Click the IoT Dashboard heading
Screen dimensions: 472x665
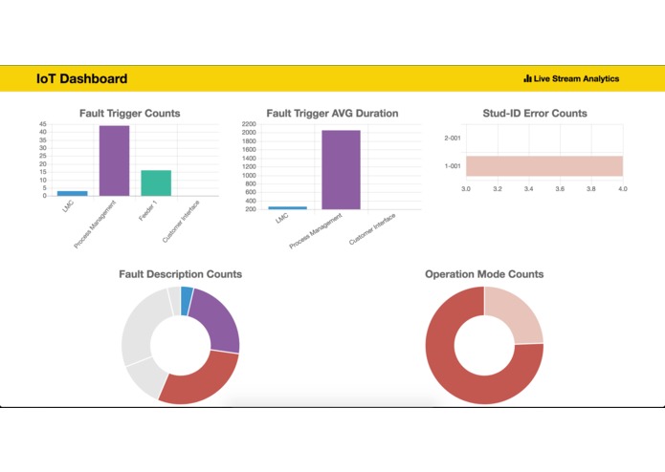coord(81,78)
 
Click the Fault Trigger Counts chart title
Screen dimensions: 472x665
coord(129,114)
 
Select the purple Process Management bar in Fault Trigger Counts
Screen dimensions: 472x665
coord(114,161)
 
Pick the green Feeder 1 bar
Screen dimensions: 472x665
coord(156,182)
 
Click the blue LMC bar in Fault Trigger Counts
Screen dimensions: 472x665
coord(73,193)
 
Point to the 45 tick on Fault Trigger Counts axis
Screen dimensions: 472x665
coord(42,125)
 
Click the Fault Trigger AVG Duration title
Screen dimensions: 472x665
coord(332,114)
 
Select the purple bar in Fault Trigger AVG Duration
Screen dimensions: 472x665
coord(341,169)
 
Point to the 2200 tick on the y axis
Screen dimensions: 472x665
coord(249,125)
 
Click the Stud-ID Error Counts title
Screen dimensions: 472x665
coord(535,114)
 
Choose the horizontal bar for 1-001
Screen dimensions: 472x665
coord(543,166)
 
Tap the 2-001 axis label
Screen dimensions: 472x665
coord(453,138)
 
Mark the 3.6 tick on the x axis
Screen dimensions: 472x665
coord(560,189)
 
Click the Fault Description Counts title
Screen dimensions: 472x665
coord(180,274)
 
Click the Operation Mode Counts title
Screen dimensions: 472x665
coord(484,274)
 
